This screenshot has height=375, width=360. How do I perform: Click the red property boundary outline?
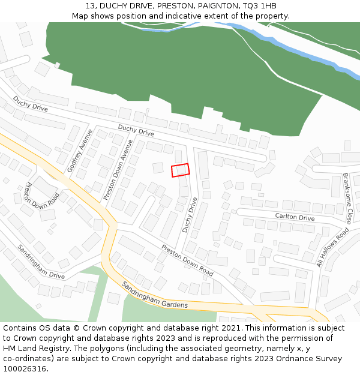[181, 170]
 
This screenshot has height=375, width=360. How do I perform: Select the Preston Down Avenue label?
[118, 170]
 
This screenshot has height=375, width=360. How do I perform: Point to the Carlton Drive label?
[295, 217]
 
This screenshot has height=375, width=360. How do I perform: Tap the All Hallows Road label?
[332, 247]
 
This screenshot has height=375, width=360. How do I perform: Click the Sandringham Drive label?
[41, 262]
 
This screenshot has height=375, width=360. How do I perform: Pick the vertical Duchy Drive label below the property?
[190, 215]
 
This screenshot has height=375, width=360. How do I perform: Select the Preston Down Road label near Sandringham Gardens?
[187, 260]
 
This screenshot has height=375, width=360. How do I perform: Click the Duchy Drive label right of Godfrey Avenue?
[136, 130]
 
